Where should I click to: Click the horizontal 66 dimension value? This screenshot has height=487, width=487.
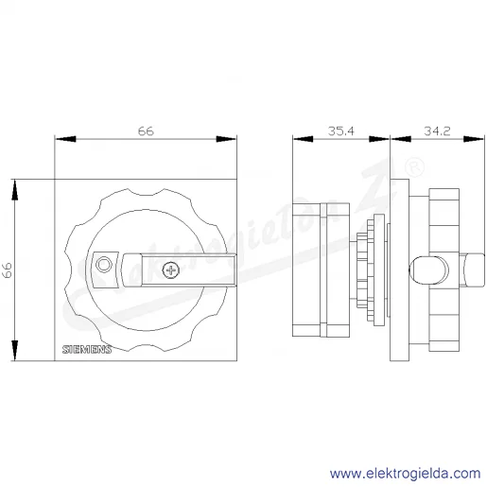[146, 130]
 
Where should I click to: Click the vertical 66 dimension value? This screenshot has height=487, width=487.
[8, 270]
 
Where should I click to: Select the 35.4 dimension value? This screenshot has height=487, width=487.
[341, 130]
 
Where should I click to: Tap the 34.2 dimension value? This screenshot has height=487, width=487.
[437, 130]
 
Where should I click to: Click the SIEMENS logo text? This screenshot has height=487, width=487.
[87, 349]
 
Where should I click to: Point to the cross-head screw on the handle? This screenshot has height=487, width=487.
[171, 270]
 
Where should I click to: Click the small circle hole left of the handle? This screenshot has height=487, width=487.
[104, 264]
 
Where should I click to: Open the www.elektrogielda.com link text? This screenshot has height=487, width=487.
[406, 473]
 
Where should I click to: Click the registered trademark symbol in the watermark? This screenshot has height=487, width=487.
[414, 167]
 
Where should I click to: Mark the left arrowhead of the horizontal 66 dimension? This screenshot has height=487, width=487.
[65, 139]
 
